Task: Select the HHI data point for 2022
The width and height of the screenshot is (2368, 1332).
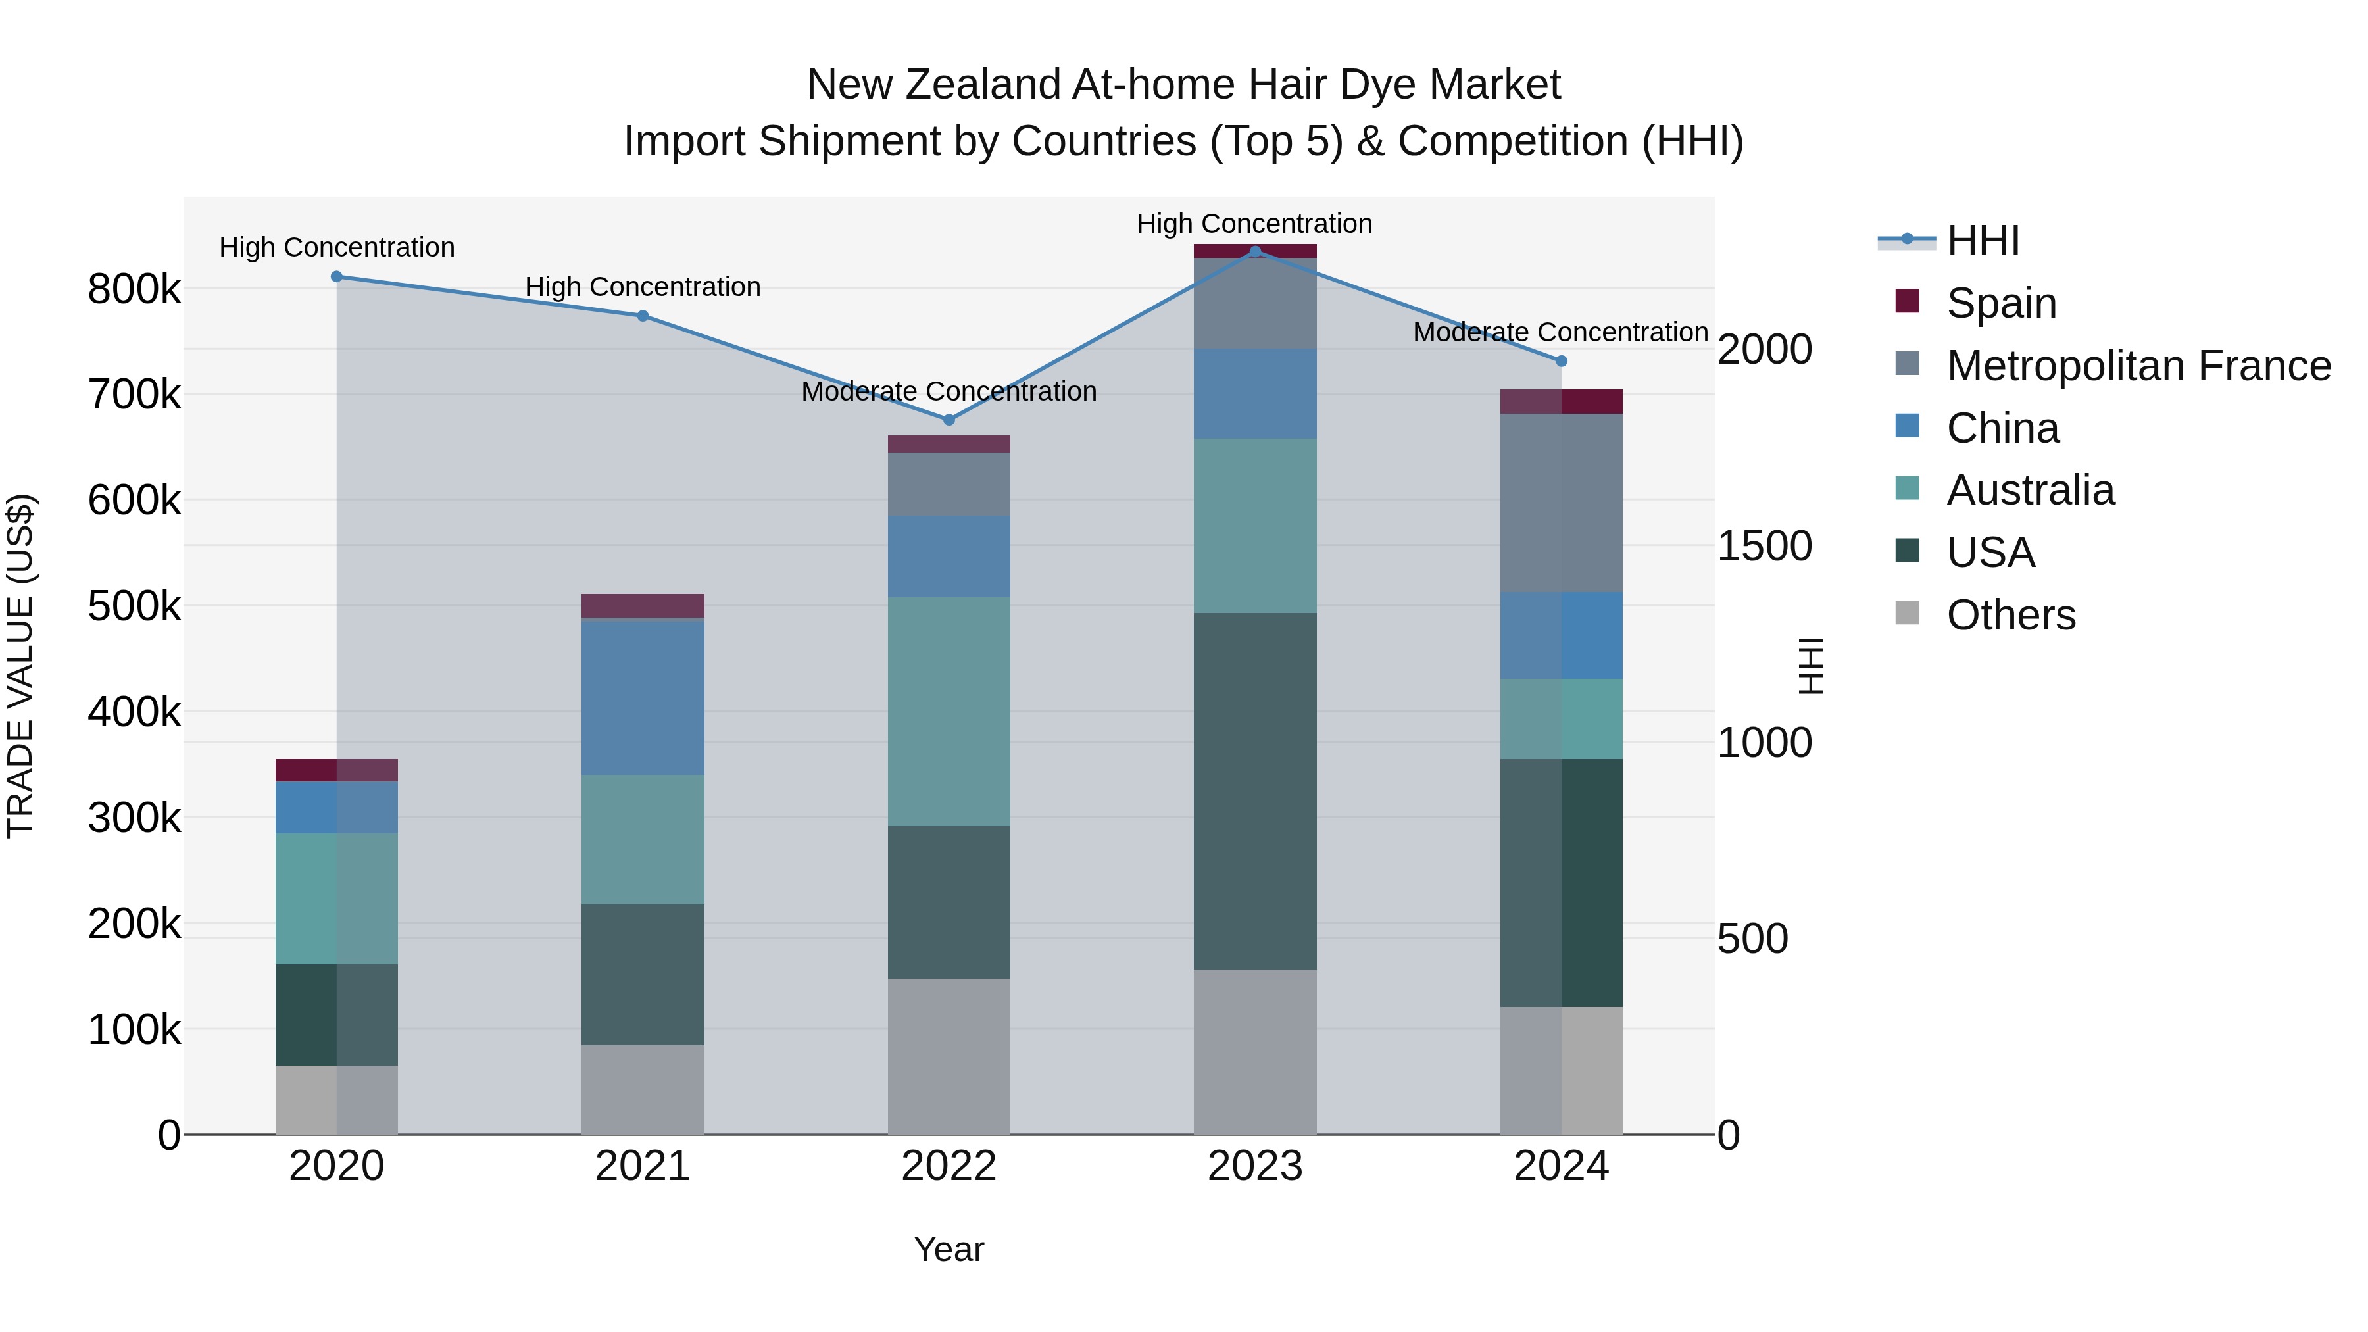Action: click(950, 420)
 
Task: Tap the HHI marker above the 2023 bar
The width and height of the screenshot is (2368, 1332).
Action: click(1256, 252)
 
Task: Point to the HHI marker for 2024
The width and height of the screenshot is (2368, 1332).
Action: click(1561, 361)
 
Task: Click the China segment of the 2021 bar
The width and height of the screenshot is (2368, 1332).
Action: click(643, 698)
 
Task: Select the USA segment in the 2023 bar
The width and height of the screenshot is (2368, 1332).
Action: click(1256, 791)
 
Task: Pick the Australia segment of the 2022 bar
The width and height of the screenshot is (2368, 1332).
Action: click(950, 712)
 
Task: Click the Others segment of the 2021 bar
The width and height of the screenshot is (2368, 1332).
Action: click(643, 1089)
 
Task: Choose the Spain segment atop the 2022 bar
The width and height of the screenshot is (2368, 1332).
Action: click(950, 444)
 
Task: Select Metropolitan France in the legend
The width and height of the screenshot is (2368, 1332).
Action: click(2138, 366)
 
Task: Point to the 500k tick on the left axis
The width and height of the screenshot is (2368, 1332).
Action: click(134, 606)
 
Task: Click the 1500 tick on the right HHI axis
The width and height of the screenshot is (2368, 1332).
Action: click(1765, 546)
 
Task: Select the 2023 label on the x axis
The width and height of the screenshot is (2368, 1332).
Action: click(1256, 1166)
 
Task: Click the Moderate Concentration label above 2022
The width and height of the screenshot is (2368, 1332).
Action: click(950, 391)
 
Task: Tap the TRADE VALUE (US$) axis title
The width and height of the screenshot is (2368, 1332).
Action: click(20, 666)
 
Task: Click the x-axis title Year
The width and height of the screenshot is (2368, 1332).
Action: click(950, 1249)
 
